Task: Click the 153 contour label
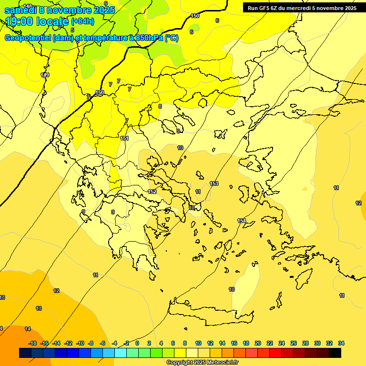214,183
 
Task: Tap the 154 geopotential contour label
242,221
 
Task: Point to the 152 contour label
152,192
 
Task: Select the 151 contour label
124,138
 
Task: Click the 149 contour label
45,75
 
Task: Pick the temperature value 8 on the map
160,106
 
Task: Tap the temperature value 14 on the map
28,329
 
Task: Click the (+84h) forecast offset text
82,21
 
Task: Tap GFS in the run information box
265,8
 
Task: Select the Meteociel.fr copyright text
202,363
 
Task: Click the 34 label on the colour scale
341,343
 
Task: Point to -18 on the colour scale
32,343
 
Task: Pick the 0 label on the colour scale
137,343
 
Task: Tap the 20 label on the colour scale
258,343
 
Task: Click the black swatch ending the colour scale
335,353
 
